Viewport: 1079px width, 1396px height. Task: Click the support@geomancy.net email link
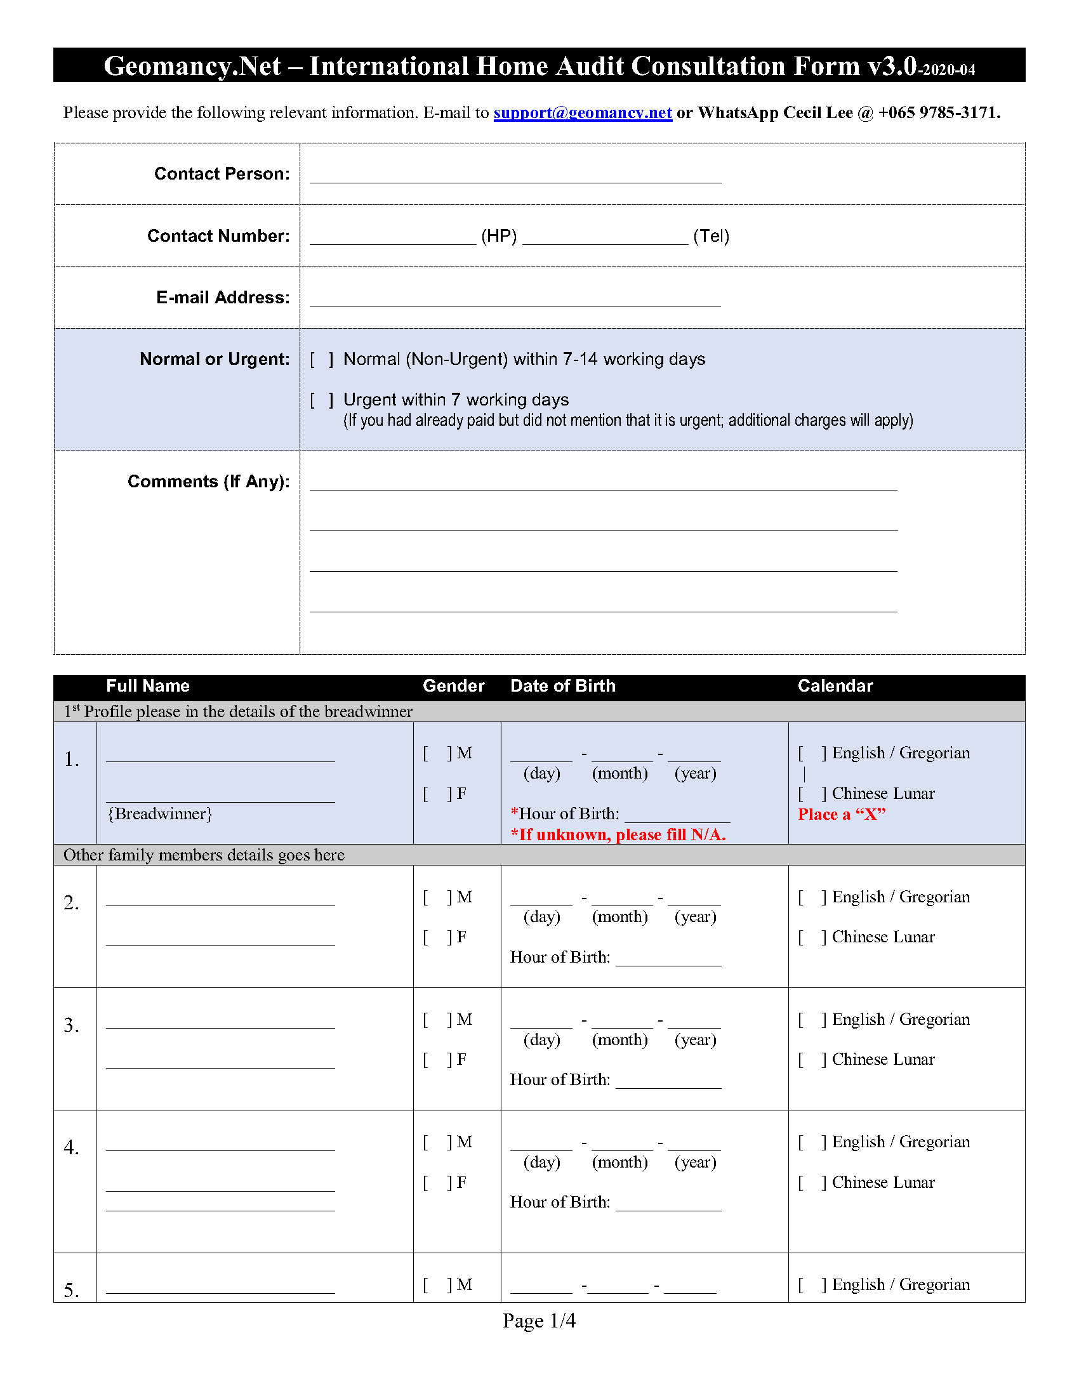tap(582, 113)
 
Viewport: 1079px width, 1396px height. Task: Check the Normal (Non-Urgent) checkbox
tap(322, 360)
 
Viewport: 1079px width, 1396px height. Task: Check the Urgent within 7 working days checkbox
tap(322, 400)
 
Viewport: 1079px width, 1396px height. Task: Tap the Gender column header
tap(453, 686)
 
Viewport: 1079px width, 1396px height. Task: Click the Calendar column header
tap(835, 686)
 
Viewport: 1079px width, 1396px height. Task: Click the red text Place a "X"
tap(841, 814)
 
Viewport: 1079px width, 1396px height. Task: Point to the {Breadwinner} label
tap(160, 814)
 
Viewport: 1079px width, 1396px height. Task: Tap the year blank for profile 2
tap(694, 899)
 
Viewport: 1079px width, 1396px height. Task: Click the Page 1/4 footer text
tap(539, 1320)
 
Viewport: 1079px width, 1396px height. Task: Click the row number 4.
tap(72, 1148)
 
